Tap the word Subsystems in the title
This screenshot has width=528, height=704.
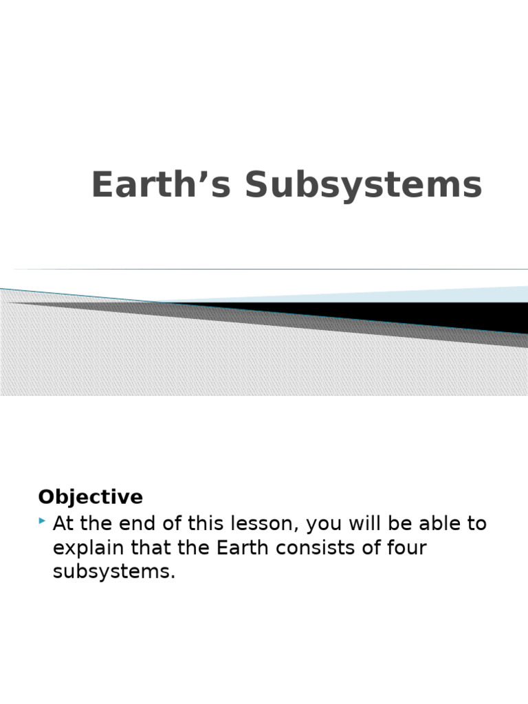point(364,186)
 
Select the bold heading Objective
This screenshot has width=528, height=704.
point(90,497)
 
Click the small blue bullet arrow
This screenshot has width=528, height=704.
point(43,522)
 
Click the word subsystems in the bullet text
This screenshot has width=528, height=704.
point(114,572)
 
